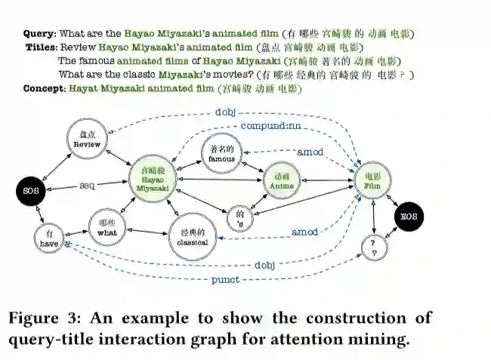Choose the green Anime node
282,181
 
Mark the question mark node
374,248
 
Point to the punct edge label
225,279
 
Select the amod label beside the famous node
310,152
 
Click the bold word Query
39,34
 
